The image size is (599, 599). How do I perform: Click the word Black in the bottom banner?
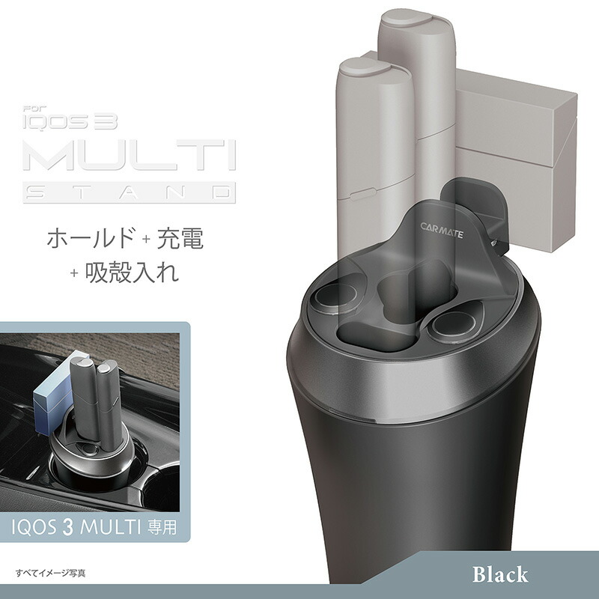tap(499, 575)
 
